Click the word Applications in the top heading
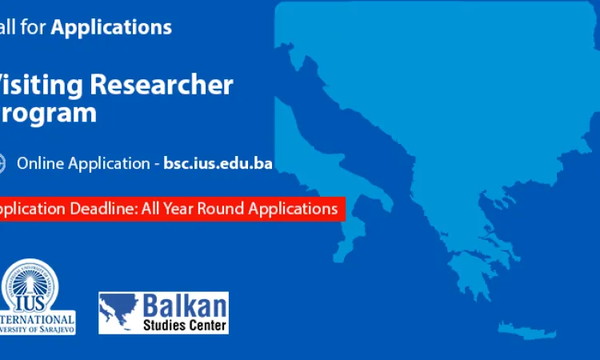point(111,27)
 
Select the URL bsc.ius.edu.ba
point(218,163)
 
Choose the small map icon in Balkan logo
point(120,313)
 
